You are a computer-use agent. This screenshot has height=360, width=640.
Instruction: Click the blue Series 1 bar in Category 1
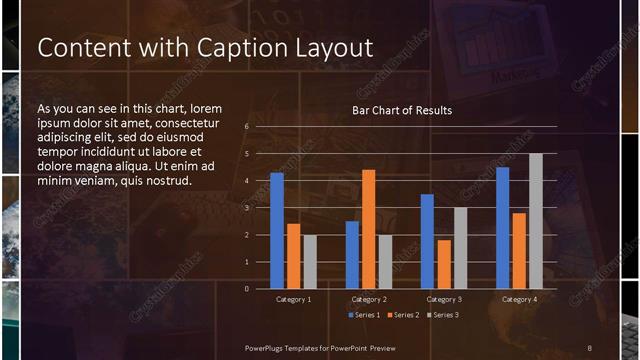point(276,231)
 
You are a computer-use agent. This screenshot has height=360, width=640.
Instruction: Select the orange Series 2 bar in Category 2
point(368,229)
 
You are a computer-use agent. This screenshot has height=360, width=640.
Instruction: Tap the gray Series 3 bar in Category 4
point(535,221)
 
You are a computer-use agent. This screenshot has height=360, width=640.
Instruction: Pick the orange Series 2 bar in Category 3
point(444,264)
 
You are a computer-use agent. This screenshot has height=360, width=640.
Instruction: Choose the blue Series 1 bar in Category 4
point(502,228)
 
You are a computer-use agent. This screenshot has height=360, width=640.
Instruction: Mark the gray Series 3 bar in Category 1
point(309,261)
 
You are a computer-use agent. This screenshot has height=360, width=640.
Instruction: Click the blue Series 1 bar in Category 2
point(352,254)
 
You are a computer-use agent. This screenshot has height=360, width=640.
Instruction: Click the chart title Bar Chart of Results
point(402,110)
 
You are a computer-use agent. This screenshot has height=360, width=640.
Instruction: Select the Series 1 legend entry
point(364,315)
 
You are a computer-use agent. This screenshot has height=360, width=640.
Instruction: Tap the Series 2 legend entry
point(403,315)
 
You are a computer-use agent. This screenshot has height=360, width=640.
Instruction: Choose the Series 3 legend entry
point(442,315)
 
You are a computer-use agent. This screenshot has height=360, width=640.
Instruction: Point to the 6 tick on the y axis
point(246,128)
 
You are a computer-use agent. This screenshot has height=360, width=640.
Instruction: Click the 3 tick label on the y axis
point(246,208)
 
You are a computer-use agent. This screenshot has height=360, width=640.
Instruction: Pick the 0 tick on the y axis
point(246,288)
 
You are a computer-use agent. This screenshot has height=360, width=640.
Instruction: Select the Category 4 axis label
point(518,299)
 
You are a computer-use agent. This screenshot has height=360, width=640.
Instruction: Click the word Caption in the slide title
point(212,48)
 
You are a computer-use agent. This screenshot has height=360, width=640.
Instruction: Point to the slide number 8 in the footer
point(589,347)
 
